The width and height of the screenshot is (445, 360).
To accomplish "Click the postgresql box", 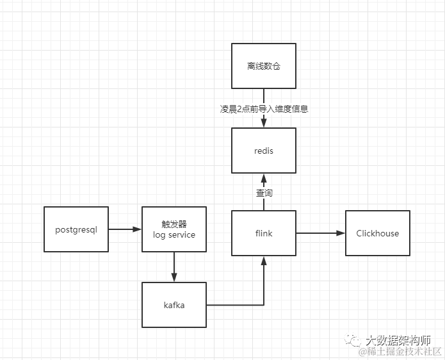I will click(76, 229).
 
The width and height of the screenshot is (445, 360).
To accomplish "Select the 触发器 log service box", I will click(174, 229).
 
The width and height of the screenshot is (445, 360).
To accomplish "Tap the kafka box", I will click(174, 305).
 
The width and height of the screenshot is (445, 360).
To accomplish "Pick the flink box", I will click(263, 233).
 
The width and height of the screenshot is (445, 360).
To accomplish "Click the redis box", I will click(263, 151).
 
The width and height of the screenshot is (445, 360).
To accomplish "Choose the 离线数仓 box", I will click(263, 66).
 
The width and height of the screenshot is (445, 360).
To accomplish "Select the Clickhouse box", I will click(377, 233).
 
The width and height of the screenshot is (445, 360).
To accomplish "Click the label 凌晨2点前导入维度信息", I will click(264, 109).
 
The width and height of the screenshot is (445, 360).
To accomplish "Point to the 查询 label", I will click(264, 192).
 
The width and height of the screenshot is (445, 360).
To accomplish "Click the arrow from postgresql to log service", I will click(125, 229).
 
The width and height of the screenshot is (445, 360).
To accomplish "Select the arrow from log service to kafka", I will click(174, 266).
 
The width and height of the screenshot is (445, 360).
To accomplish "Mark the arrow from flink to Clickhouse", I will click(320, 233).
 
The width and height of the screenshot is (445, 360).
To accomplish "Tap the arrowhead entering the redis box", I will click(263, 124).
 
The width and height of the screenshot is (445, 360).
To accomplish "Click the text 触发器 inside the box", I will click(174, 224).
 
